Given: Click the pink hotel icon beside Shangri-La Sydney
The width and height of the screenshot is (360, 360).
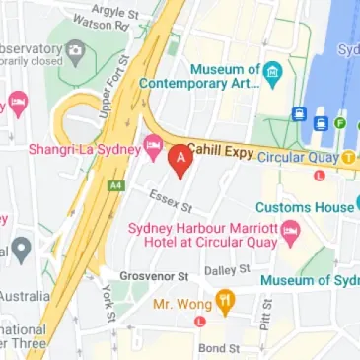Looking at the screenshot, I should point(153,148).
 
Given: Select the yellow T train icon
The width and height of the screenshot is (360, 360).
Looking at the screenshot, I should point(349,157).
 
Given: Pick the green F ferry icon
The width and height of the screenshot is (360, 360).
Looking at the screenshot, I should point(340,123).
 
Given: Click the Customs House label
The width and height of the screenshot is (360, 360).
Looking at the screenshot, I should point(304,207).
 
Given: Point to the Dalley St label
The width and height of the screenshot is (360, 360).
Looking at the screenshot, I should point(226,269).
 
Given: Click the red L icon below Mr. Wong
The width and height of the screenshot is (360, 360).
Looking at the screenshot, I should point(200,322).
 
